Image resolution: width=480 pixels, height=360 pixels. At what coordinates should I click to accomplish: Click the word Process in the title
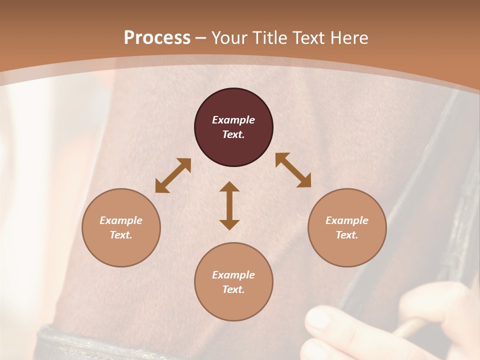(157, 38)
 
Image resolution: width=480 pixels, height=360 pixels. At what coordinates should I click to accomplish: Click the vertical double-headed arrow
(229, 206)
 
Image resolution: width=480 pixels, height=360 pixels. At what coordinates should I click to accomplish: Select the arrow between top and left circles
(173, 175)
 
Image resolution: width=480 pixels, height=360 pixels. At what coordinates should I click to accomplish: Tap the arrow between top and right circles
(293, 170)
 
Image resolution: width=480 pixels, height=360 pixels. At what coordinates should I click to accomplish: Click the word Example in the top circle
(233, 120)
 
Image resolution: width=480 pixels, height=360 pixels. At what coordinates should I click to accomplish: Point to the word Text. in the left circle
(121, 235)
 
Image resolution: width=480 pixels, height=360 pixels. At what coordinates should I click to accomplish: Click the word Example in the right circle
(347, 220)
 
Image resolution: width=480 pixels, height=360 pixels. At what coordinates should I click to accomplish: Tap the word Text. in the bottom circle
(233, 289)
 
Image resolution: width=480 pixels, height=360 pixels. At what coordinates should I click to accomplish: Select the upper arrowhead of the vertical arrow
(229, 187)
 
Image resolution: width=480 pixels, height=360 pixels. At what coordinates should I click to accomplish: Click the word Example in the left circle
(121, 220)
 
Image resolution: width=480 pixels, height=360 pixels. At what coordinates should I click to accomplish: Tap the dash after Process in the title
(201, 38)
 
